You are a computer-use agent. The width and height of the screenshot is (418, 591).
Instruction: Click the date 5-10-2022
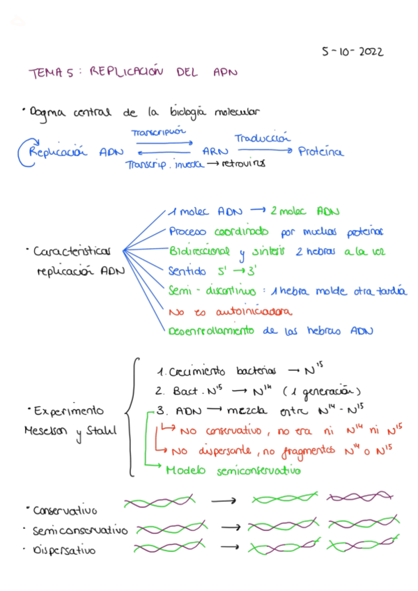352,52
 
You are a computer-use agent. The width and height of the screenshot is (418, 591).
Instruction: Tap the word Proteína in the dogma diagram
320,151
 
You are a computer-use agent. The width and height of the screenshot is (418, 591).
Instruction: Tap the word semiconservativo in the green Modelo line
258,471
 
